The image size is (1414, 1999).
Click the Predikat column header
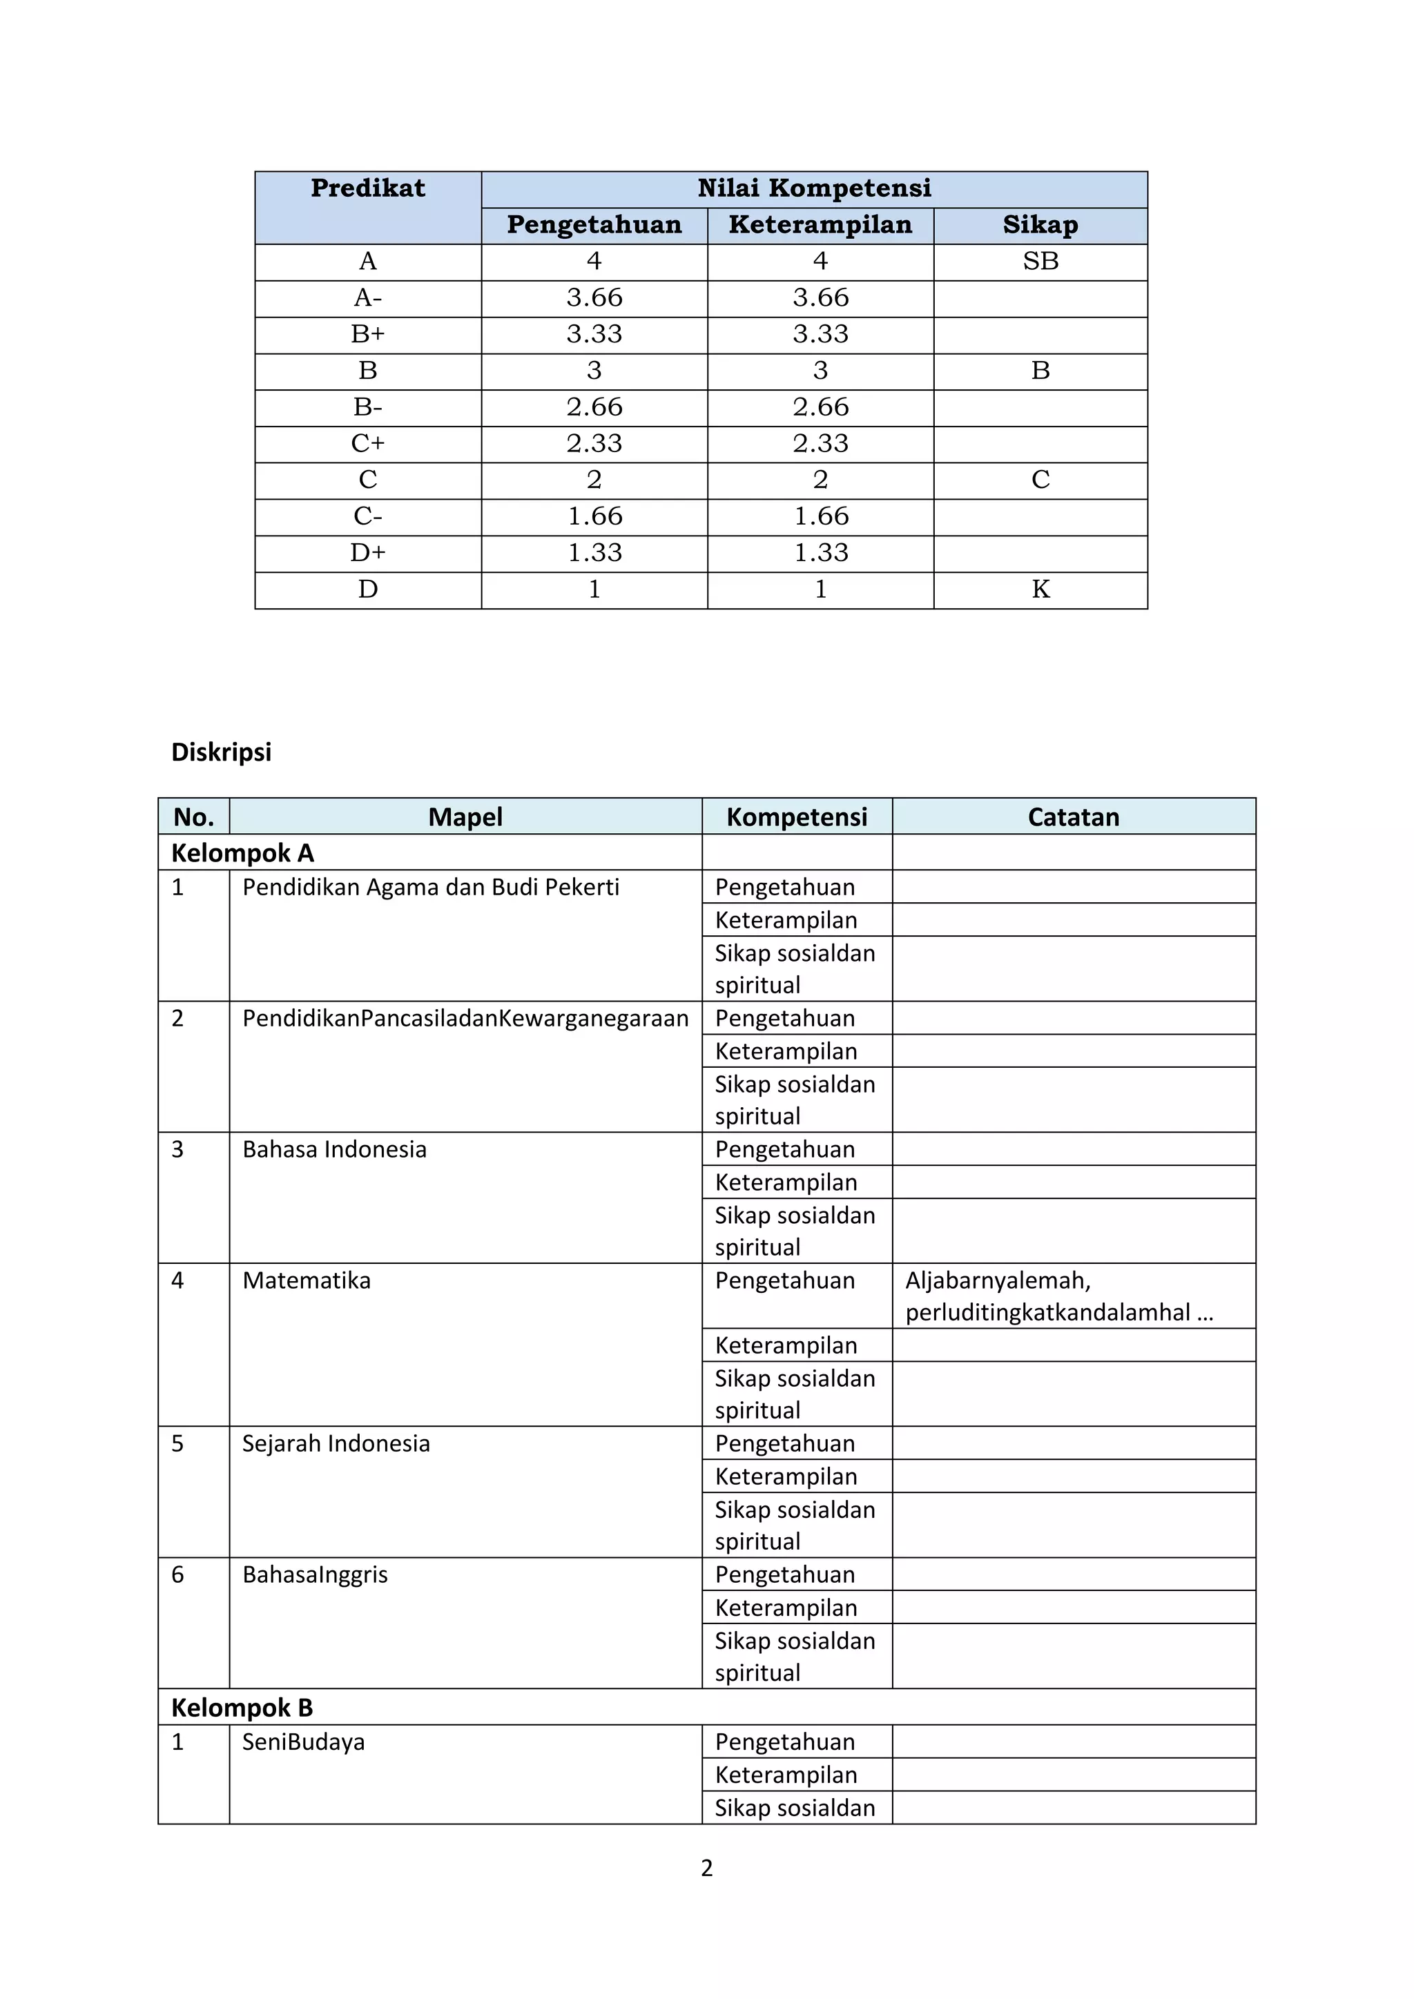(367, 188)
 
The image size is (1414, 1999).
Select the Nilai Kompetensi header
(814, 188)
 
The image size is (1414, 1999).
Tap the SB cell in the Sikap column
(1040, 261)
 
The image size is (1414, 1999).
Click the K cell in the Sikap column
(1040, 589)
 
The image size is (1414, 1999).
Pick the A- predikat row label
(367, 298)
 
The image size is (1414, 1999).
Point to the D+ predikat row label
(367, 553)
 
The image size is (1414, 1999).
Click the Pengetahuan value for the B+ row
(594, 334)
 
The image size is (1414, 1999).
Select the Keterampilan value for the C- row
(820, 516)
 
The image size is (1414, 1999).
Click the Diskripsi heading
(221, 752)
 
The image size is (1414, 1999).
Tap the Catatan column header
(1073, 817)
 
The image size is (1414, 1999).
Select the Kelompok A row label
(242, 852)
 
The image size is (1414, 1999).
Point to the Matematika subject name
(307, 1280)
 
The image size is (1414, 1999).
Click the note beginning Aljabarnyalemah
(1058, 1296)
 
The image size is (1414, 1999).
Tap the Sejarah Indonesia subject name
(336, 1443)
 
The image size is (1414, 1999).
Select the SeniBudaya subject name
(303, 1742)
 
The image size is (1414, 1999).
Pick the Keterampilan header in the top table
(820, 224)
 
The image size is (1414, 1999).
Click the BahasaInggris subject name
(316, 1574)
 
